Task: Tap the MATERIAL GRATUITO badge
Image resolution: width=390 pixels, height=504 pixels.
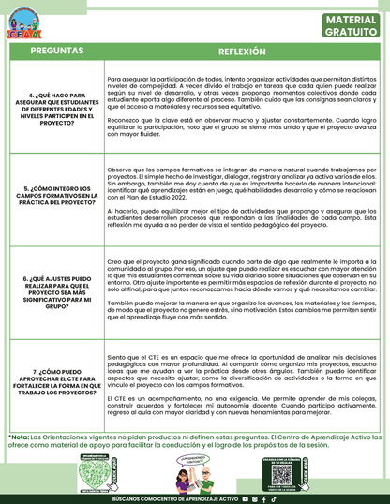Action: (352, 25)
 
